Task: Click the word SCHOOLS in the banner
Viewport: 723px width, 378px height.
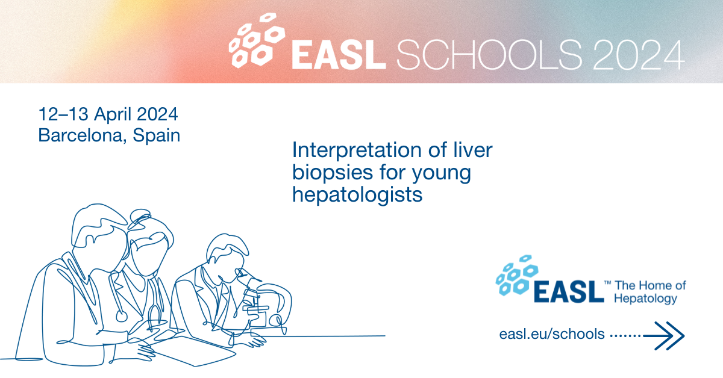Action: point(489,55)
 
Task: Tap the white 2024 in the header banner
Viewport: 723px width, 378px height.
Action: point(639,55)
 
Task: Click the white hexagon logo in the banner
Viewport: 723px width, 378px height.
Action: point(257,41)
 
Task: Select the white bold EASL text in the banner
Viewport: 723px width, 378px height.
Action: point(339,55)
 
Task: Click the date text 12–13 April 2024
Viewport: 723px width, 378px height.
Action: point(108,114)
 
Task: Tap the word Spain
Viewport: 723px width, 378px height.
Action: point(157,136)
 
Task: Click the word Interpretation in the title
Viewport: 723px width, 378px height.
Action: point(357,151)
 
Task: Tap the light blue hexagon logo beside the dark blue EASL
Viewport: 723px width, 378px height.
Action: point(517,275)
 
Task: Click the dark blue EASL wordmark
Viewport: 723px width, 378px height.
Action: point(569,291)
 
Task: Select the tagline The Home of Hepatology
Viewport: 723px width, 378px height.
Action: point(649,292)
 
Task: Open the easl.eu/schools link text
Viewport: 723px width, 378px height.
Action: point(552,334)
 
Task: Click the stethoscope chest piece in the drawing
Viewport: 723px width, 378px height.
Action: point(121,316)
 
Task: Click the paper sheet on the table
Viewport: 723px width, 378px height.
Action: point(193,351)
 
